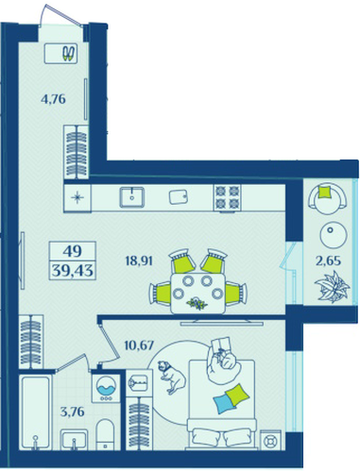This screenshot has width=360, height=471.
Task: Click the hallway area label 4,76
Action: point(53,99)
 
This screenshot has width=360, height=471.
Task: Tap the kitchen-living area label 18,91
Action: point(139,261)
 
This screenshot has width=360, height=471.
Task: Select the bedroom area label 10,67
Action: point(139,345)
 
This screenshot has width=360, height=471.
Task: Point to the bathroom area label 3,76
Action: point(72,412)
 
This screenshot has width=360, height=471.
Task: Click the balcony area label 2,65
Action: point(329,261)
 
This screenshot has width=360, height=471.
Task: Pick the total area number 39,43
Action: point(73,270)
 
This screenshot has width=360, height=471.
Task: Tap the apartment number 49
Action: point(73,251)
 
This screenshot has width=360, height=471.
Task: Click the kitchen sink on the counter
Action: point(132,197)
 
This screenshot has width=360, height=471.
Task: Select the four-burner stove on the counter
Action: point(227,197)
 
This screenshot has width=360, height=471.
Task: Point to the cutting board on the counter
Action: point(179,197)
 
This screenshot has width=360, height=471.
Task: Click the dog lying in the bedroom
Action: point(171,377)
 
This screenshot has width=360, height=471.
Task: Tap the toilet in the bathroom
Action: point(106,434)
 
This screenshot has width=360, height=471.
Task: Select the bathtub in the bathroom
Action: point(35,412)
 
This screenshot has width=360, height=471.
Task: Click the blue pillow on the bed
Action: point(224,403)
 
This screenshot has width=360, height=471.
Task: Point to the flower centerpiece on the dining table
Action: point(197,303)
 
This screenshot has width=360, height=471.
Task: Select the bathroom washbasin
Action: point(74,440)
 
